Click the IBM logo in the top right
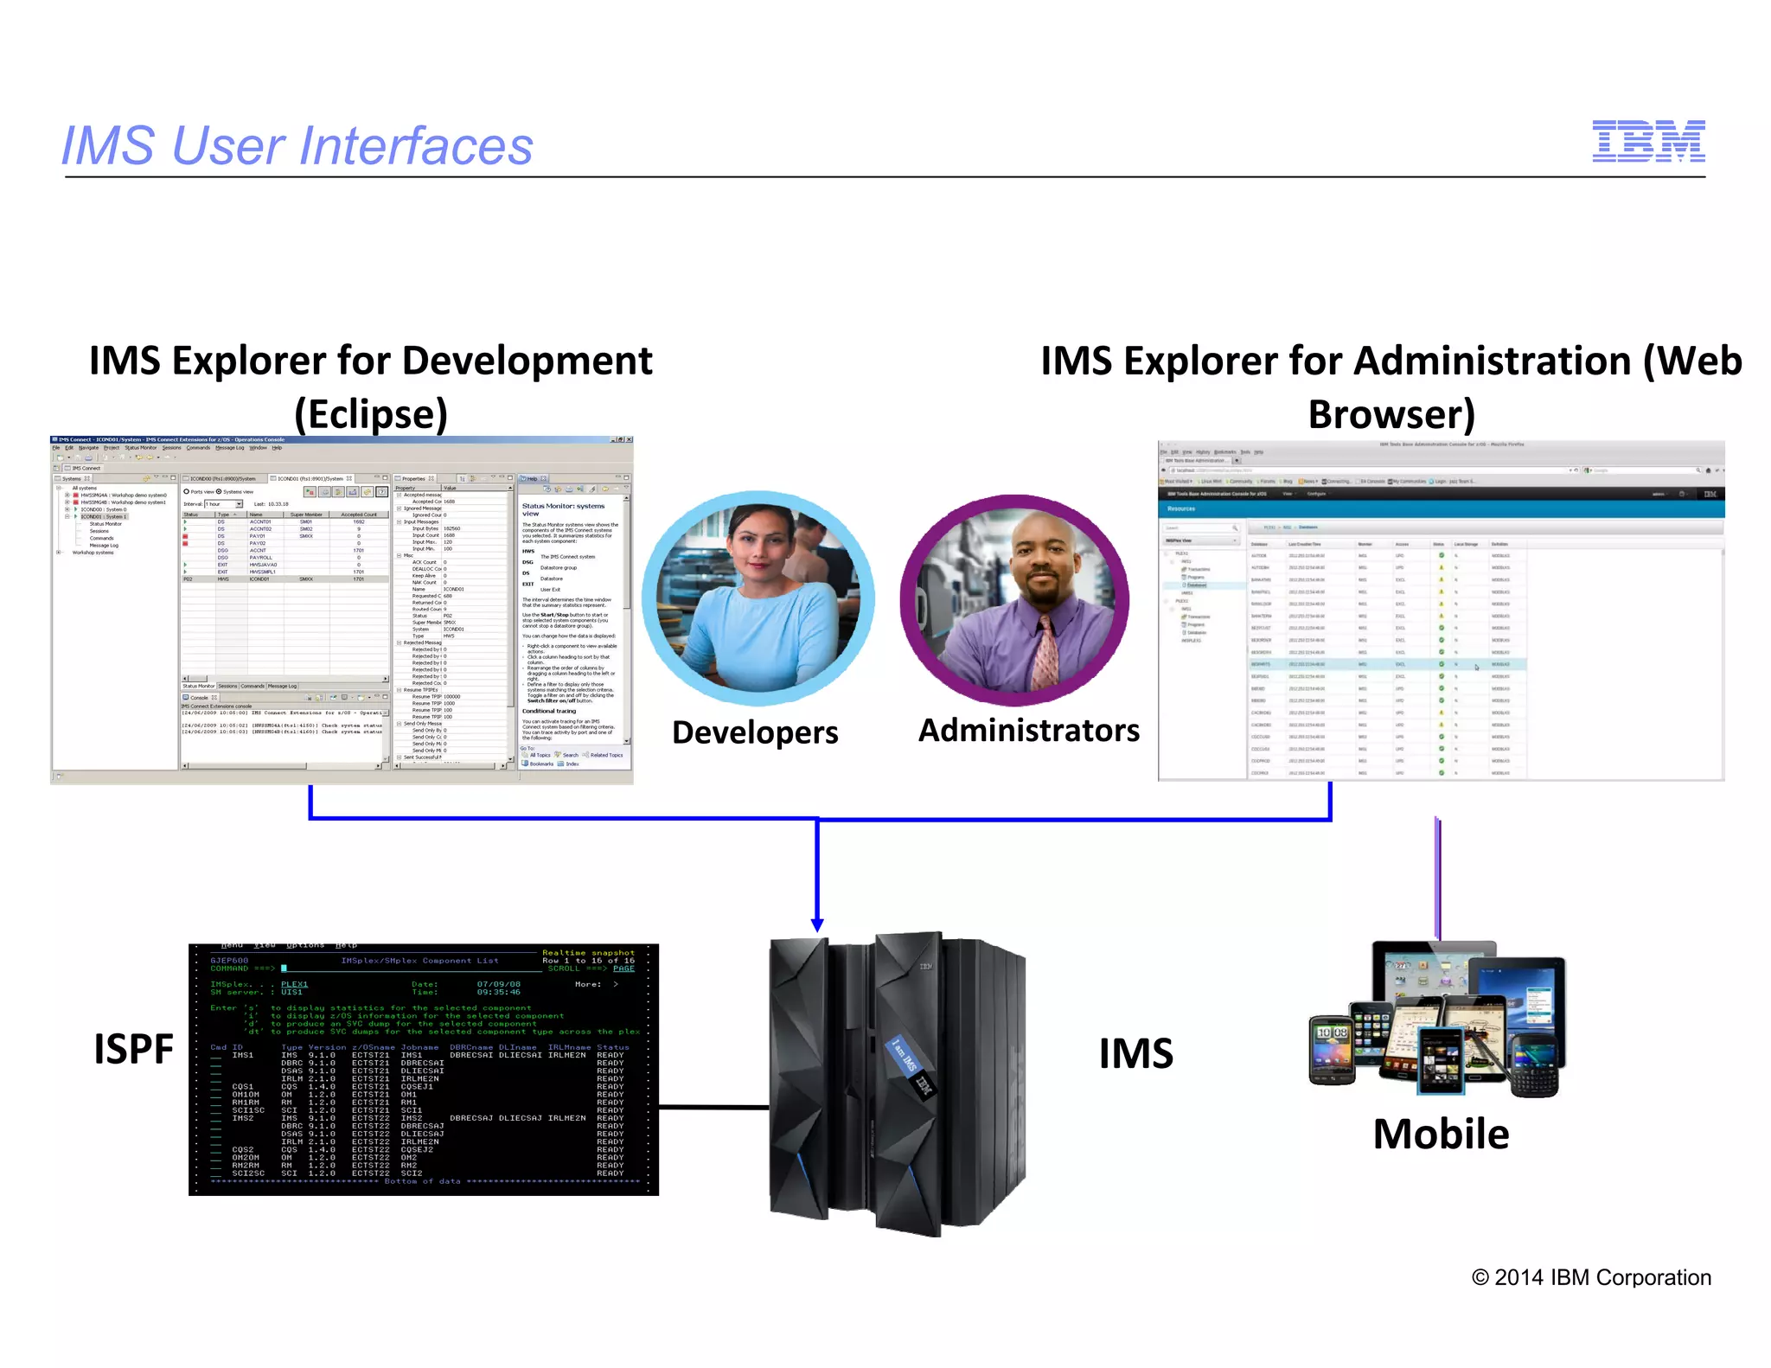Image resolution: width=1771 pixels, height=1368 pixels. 1648,141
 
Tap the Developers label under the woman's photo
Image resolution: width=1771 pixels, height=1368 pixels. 755,732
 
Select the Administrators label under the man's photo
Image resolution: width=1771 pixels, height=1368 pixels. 1028,731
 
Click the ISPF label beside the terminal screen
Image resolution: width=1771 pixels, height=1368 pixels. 133,1049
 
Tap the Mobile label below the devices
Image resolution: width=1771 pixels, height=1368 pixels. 1441,1134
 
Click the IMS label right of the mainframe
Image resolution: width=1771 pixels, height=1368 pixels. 1135,1053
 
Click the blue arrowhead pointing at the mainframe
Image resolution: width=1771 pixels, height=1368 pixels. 817,924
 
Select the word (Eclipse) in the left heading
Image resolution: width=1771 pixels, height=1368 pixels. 371,414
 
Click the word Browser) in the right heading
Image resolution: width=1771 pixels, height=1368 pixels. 1391,414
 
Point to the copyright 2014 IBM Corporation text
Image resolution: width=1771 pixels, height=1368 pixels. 1591,1277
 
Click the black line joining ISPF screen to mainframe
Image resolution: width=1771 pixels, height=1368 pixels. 713,1106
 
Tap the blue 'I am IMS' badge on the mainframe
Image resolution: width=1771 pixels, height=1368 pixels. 905,1057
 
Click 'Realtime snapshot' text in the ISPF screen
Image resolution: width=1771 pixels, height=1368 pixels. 588,952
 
